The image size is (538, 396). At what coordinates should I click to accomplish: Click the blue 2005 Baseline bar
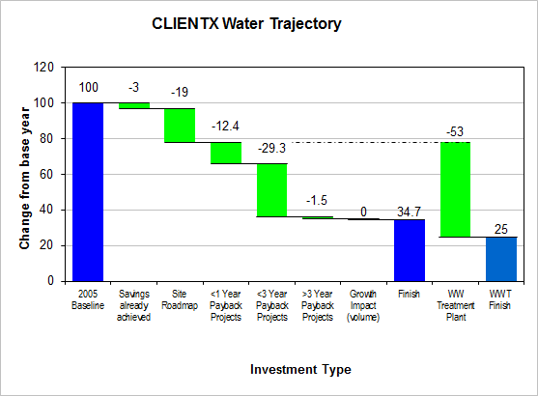[88, 192]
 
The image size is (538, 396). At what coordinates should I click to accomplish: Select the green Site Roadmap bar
[180, 126]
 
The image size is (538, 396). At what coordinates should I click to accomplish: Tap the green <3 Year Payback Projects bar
[272, 190]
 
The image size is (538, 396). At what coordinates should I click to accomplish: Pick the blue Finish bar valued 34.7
[410, 250]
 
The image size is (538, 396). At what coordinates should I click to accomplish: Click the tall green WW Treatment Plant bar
[455, 189]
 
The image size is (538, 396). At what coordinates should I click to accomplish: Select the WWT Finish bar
[501, 260]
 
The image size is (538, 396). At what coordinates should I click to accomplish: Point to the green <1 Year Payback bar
[226, 153]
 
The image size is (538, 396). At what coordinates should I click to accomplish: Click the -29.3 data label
[271, 148]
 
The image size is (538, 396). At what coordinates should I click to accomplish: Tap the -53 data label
[455, 131]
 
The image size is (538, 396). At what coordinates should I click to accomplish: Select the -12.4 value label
[225, 126]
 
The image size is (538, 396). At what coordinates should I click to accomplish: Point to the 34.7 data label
[409, 212]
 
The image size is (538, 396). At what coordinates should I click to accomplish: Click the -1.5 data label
[317, 200]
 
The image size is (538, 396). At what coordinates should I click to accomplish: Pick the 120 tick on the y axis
[43, 67]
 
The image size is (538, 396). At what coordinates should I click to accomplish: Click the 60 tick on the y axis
[47, 174]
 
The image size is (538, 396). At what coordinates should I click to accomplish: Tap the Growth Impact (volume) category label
[363, 305]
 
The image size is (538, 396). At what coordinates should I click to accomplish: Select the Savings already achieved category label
[134, 305]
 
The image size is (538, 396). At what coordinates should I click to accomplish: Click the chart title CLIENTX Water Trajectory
[246, 24]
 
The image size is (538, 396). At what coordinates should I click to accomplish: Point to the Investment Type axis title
[300, 370]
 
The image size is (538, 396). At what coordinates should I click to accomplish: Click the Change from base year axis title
[25, 178]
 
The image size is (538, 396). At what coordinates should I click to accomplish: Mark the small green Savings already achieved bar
[134, 105]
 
